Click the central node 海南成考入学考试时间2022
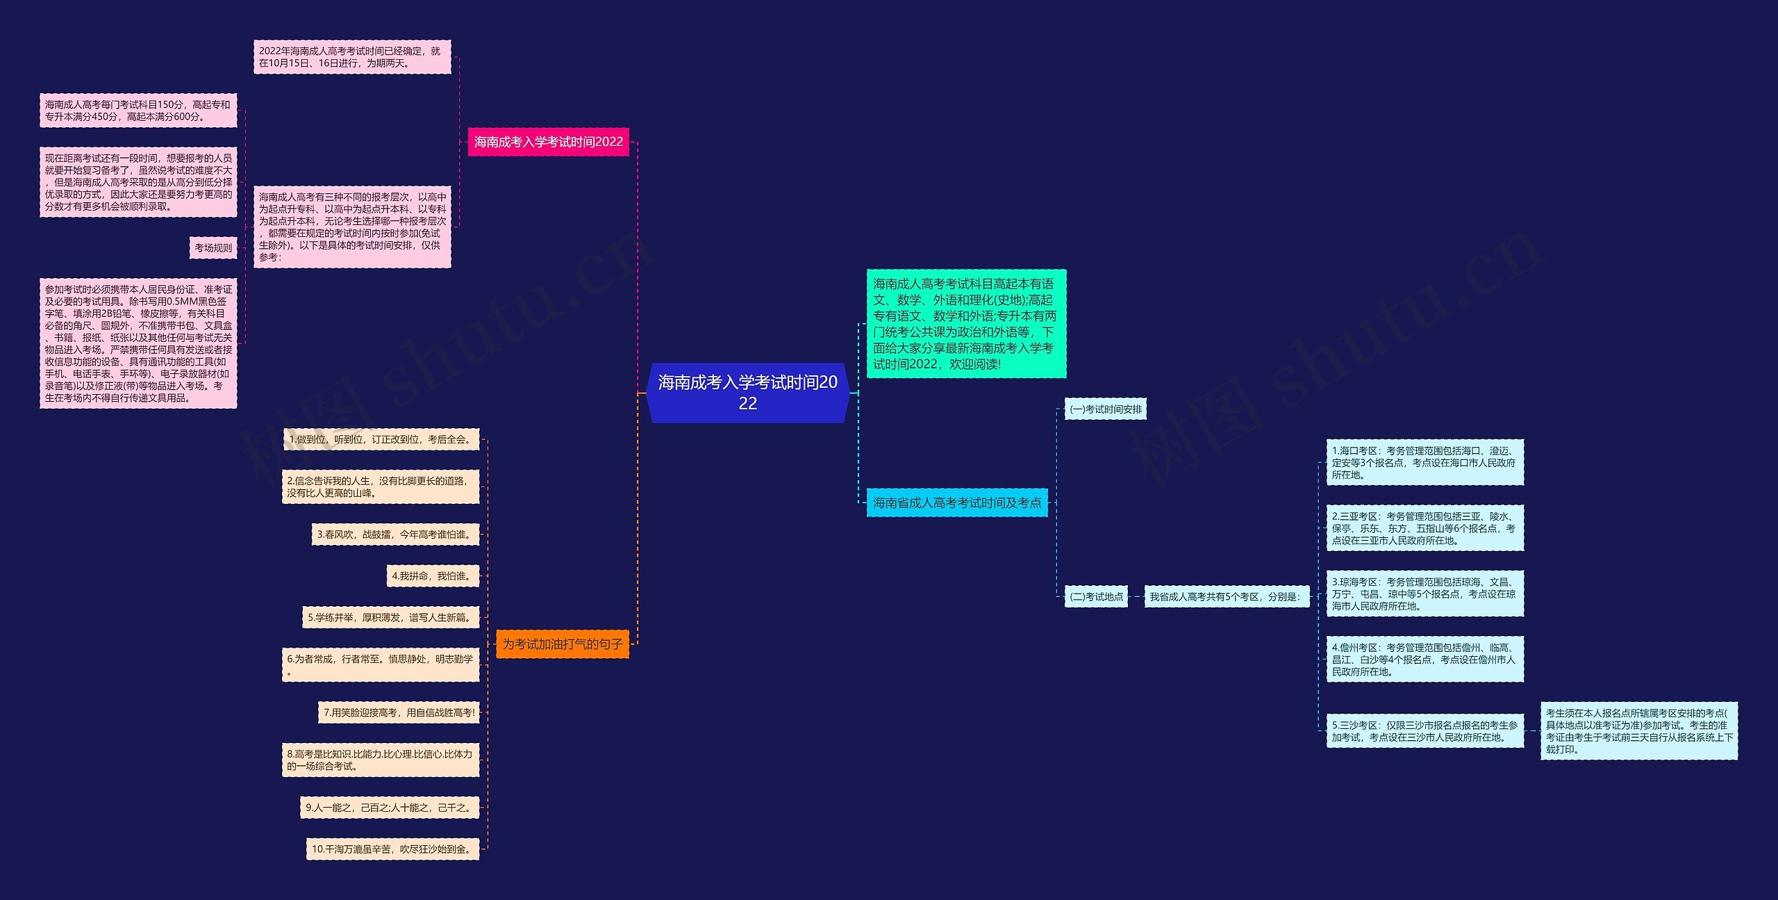click(747, 393)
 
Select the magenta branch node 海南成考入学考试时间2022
click(548, 142)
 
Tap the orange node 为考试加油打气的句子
click(562, 644)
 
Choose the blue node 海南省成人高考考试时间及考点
click(956, 502)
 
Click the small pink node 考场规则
click(213, 248)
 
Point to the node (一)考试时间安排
click(1105, 409)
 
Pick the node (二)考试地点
click(1096, 596)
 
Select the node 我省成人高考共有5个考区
click(1225, 596)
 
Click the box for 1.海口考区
click(1424, 463)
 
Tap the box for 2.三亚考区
click(1424, 528)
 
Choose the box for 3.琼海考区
click(1424, 594)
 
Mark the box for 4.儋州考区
click(1424, 660)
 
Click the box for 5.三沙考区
click(1424, 731)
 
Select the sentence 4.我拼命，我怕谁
click(432, 576)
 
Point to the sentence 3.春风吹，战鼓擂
click(394, 534)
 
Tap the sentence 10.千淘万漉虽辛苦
click(392, 849)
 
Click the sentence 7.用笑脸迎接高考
click(399, 712)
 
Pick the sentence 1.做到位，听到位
click(381, 439)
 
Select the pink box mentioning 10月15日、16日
click(351, 57)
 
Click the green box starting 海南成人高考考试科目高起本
click(965, 324)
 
